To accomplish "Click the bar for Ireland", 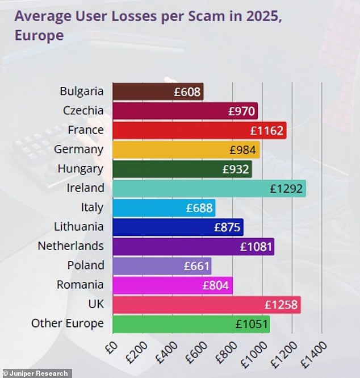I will (209, 188).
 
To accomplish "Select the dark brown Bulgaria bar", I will (158, 92).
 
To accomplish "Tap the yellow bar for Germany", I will (186, 149).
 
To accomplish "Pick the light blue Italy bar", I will (164, 207).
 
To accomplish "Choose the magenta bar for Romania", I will (173, 285).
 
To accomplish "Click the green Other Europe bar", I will (191, 323).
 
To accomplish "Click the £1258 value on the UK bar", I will (281, 305).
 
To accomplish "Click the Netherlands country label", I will (70, 246).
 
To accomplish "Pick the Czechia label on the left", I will (83, 111).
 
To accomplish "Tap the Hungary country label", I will (81, 169).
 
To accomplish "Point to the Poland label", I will (86, 265).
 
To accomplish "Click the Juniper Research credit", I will (35, 373).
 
